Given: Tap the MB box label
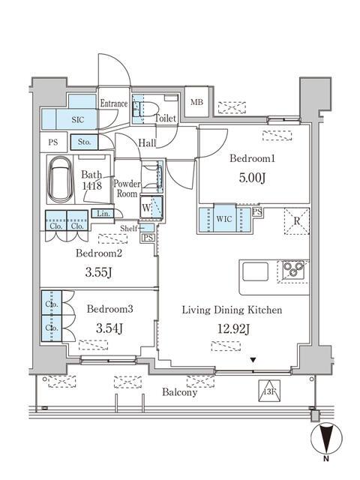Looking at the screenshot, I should click(x=196, y=103).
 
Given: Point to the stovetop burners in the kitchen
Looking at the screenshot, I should click(x=292, y=270).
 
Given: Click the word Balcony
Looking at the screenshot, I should click(x=179, y=392).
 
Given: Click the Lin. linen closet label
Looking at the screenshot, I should click(x=101, y=214).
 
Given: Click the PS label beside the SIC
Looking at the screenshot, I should click(x=52, y=141).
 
